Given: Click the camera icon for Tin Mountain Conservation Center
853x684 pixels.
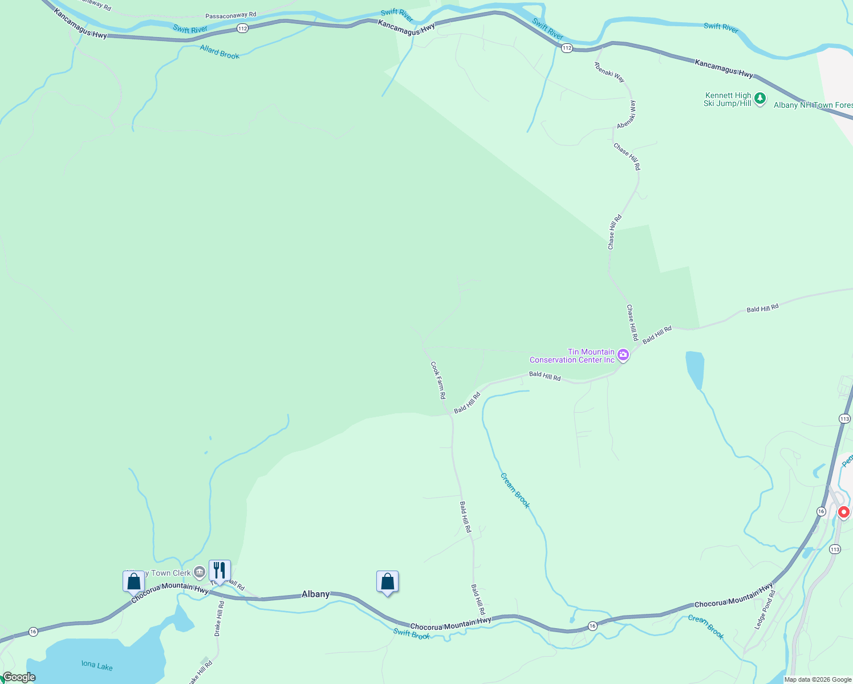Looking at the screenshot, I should coord(623,355).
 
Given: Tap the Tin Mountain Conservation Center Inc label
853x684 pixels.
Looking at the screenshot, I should coord(572,356).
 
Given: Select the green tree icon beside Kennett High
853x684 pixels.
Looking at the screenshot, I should coord(759,99).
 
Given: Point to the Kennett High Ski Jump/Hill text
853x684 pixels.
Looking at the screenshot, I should coord(728,100).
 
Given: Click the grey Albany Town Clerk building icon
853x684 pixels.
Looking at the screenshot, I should coord(199,572).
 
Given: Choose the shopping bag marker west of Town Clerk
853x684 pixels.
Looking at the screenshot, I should coord(133,581).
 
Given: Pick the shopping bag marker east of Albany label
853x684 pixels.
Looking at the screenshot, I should coord(387,582).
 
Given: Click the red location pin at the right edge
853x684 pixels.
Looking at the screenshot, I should coord(843,512).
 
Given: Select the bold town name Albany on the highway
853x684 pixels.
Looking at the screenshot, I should coord(315,594).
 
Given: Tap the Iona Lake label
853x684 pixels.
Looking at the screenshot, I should coord(97,666).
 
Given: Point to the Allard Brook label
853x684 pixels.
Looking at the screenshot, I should coord(220,52).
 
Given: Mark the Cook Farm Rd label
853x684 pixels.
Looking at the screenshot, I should coord(438,380).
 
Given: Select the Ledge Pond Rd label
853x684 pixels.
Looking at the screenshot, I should coord(765,610).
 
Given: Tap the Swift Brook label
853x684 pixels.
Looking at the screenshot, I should coord(411,633).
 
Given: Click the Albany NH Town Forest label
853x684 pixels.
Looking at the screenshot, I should coord(813,105).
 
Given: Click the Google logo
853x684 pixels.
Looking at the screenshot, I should coord(19,677).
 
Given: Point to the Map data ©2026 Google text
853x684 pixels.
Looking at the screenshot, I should coord(818,679).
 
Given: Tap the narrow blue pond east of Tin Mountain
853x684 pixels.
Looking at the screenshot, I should coord(695,369).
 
